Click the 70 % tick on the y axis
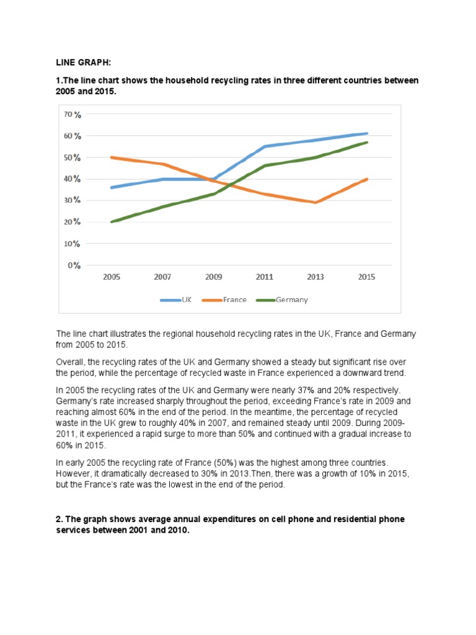(73, 115)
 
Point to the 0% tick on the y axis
(74, 265)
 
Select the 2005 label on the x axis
(112, 277)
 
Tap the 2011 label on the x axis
(264, 277)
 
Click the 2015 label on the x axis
(366, 277)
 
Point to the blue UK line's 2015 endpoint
(367, 133)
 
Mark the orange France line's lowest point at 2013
(315, 202)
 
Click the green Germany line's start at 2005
(112, 221)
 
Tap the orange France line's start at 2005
(112, 158)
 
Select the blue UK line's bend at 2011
(265, 146)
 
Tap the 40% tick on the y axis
(73, 179)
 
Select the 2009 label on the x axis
(213, 277)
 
